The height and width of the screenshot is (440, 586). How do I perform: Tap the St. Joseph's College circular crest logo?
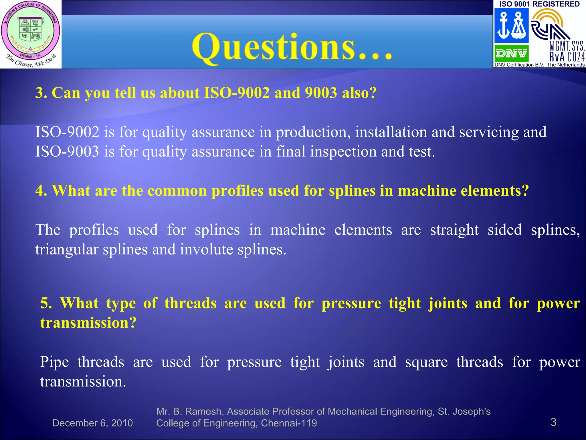coord(31,32)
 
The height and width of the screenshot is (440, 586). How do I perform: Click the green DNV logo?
coord(511,54)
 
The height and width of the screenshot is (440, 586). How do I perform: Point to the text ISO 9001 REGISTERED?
coord(539,4)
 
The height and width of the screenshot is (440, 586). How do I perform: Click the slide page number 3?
coord(553,422)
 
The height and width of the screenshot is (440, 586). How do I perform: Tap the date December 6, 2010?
coord(92,423)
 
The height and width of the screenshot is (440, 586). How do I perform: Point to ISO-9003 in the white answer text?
coord(67,152)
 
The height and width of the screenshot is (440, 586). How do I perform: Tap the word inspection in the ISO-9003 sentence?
coord(343,152)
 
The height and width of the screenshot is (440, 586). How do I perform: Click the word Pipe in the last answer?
coord(54,362)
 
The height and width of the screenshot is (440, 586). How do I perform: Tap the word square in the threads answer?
coord(426,362)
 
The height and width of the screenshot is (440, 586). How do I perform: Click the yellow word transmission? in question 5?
coord(88,323)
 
